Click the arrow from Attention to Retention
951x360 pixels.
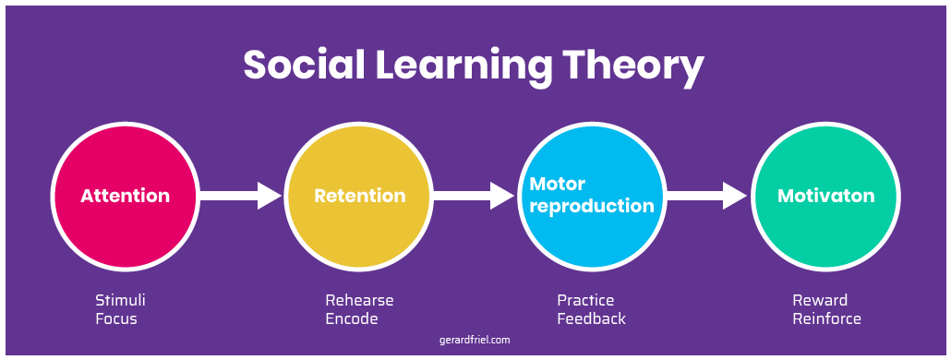click(240, 196)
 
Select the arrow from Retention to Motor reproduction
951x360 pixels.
click(473, 196)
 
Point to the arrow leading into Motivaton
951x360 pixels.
click(706, 196)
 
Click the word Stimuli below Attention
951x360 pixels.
click(121, 301)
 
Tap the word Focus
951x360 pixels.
click(115, 319)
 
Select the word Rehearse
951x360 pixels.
click(359, 301)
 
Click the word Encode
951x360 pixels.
click(352, 319)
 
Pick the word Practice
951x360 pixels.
click(585, 301)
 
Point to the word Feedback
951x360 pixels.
click(591, 319)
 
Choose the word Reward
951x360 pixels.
click(820, 301)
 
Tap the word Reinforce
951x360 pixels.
click(826, 319)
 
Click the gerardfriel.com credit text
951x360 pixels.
click(475, 340)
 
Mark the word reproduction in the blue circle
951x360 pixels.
click(592, 205)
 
